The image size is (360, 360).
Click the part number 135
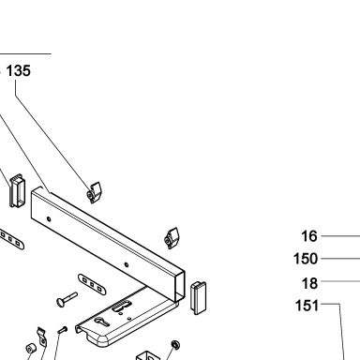(x=19, y=71)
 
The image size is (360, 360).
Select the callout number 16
(x=309, y=236)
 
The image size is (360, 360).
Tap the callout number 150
(x=306, y=259)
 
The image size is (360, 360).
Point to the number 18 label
(x=309, y=283)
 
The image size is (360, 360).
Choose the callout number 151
(x=307, y=306)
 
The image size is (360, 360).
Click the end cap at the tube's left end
(x=16, y=190)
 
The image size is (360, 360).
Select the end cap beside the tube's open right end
(x=199, y=298)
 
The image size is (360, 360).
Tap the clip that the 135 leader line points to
(x=94, y=193)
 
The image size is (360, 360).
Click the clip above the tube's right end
(x=172, y=238)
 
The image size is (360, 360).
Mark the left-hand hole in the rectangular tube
(x=49, y=219)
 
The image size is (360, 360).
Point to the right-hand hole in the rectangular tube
(x=127, y=265)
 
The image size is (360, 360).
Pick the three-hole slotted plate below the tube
(x=92, y=284)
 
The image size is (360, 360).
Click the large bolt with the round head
(x=67, y=299)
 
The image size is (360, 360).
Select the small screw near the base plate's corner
(x=63, y=329)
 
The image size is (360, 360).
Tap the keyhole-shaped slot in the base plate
(x=102, y=322)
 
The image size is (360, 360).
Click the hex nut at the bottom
(x=175, y=345)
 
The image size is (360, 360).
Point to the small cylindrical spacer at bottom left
(x=30, y=349)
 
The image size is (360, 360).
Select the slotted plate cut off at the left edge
(x=11, y=240)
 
